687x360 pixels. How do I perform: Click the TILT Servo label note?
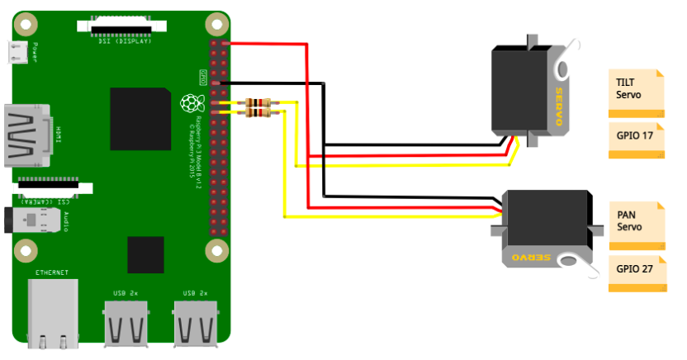(x=636, y=91)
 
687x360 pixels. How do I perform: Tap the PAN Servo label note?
(x=636, y=223)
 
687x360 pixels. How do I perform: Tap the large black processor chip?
(x=140, y=121)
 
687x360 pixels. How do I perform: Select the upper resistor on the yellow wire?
(x=258, y=103)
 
